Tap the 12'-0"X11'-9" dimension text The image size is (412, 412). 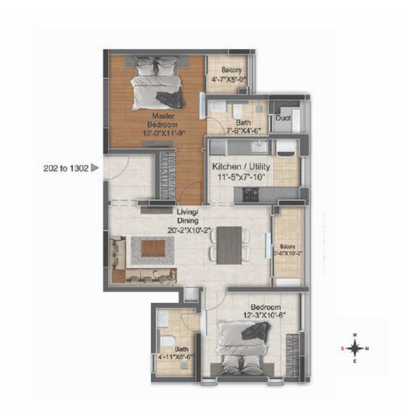click(164, 133)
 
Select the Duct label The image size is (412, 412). click(283, 118)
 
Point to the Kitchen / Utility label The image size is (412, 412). click(241, 166)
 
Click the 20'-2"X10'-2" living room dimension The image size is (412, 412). click(189, 230)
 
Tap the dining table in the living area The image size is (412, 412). click(229, 245)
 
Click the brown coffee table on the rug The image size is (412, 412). click(153, 248)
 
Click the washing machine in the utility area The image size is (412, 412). click(287, 148)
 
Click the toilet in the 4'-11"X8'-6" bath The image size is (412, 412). click(167, 341)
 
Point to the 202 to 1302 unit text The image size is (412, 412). click(66, 168)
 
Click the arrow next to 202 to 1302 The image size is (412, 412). click(95, 168)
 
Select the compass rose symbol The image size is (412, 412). click(355, 349)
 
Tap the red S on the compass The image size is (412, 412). click(343, 349)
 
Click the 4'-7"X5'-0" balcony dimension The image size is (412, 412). click(229, 79)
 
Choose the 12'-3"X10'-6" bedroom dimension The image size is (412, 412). click(264, 315)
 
